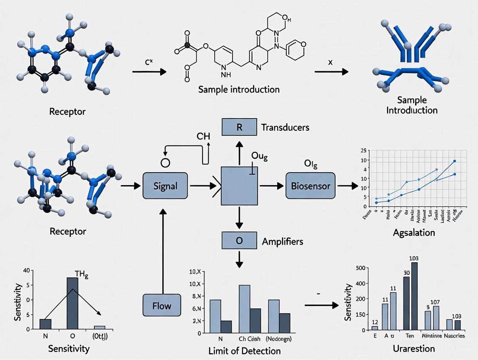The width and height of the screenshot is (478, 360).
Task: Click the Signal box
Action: pyautogui.click(x=165, y=186)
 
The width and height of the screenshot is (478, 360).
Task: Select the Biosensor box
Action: pyautogui.click(x=311, y=186)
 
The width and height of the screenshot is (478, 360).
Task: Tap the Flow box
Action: pyautogui.click(x=161, y=306)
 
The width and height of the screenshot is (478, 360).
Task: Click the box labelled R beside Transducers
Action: pyautogui.click(x=239, y=128)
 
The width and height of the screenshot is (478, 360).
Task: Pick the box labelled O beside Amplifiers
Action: pyautogui.click(x=239, y=241)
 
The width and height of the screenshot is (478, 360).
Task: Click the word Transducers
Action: pyautogui.click(x=285, y=128)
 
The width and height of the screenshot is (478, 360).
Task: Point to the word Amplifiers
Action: pyautogui.click(x=282, y=241)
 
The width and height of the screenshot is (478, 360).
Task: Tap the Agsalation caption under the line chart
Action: pyautogui.click(x=414, y=232)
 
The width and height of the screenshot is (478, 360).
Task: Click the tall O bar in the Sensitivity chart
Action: pyautogui.click(x=72, y=303)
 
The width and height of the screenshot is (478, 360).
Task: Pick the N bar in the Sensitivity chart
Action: pyautogui.click(x=45, y=324)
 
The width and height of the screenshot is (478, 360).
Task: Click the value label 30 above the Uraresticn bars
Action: pyautogui.click(x=407, y=273)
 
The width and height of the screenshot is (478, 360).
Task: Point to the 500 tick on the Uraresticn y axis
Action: pyautogui.click(x=360, y=268)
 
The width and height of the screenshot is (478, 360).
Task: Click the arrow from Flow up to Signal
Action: pyautogui.click(x=163, y=251)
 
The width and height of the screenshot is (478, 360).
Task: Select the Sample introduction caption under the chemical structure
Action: pyautogui.click(x=239, y=90)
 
